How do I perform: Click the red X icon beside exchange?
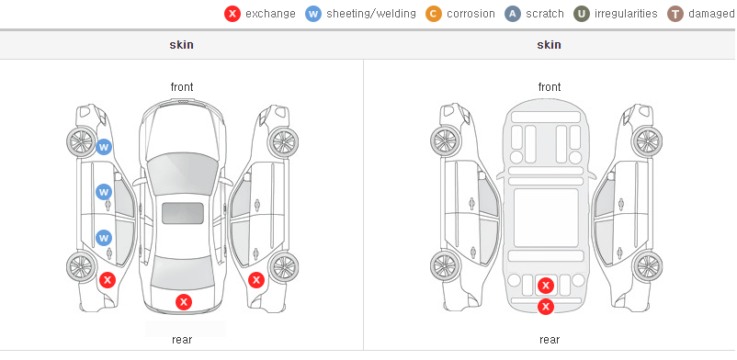point(232,14)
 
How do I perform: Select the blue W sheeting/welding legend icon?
point(313,14)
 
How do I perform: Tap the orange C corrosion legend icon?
point(434,14)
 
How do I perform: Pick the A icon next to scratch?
point(513,14)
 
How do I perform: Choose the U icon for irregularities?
point(582,14)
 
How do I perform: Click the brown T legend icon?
point(675,14)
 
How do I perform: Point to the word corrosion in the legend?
point(471,14)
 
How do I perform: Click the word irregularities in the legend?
point(626,14)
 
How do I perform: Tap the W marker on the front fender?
point(104,147)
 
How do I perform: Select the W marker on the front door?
point(104,192)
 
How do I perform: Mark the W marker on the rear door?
point(104,238)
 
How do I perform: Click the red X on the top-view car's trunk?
point(184,302)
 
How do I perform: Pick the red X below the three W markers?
point(108,281)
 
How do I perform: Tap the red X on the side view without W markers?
point(256,281)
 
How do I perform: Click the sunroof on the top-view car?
point(183,213)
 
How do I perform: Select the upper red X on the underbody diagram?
point(546,286)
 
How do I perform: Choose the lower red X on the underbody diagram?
point(546,307)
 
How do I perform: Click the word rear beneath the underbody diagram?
point(550,340)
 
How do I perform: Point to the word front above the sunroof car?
point(182,87)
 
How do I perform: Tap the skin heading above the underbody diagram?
point(549,45)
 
